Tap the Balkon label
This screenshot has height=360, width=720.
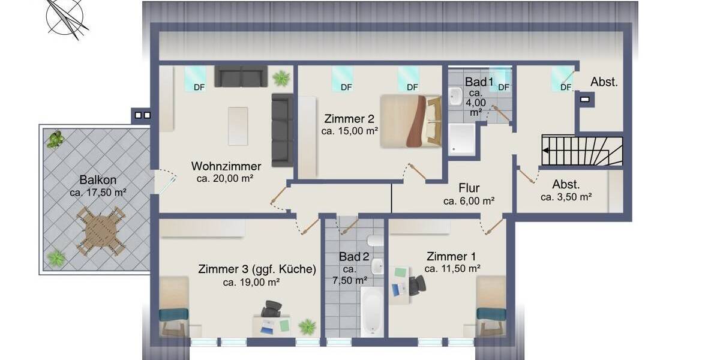point(98,180)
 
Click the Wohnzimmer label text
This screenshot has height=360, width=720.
point(226,166)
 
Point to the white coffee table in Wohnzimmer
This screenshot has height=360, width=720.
point(238,126)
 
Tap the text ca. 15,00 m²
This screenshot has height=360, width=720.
point(350,130)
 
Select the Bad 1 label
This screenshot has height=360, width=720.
point(479,81)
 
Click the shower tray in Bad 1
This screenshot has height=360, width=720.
point(461,139)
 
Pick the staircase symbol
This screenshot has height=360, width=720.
point(581,151)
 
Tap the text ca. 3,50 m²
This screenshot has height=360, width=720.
point(566,197)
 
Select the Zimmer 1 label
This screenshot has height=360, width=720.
point(452,256)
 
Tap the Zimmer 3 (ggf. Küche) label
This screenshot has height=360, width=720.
point(257,269)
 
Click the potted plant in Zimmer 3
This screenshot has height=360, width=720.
point(307,326)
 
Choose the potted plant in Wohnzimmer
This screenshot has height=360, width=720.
point(280,78)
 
